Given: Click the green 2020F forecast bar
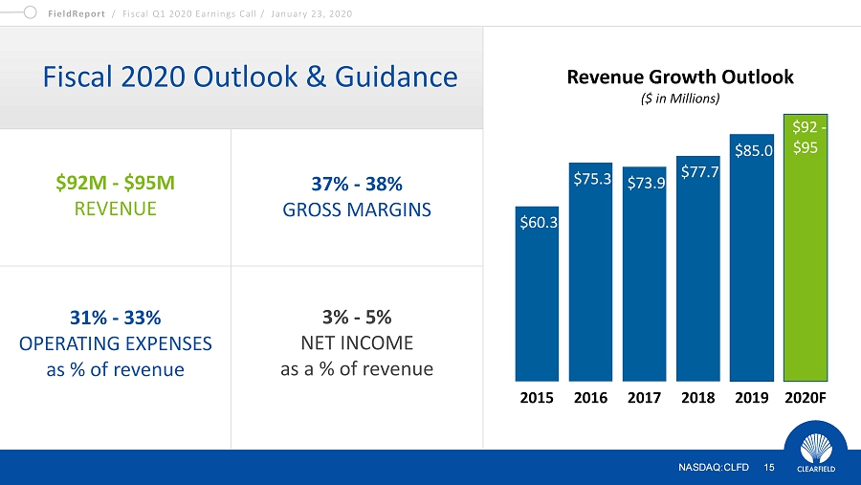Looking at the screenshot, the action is (805, 248).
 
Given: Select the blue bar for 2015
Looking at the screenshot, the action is (537, 294).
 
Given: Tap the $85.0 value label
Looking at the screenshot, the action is (754, 150).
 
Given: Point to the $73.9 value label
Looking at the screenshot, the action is (646, 183).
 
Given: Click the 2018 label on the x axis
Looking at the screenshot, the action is (698, 398).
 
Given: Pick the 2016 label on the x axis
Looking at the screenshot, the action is (590, 398).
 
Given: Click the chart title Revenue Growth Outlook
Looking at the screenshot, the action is (680, 77).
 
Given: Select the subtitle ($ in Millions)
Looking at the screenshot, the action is (680, 99).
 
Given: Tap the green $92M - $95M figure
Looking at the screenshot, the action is (116, 183).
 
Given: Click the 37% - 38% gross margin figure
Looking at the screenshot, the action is (357, 184).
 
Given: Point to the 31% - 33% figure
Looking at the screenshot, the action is (116, 318).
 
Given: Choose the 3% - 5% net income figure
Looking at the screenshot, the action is (357, 317).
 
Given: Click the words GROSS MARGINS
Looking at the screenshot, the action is (357, 209).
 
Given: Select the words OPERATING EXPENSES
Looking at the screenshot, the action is (116, 343).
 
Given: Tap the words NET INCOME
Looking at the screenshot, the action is (357, 343).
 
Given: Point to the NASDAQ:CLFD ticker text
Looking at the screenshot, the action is (714, 468).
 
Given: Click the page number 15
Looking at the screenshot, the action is (769, 468).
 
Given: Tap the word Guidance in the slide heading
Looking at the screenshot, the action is (396, 77).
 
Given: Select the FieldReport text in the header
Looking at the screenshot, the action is (77, 13).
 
